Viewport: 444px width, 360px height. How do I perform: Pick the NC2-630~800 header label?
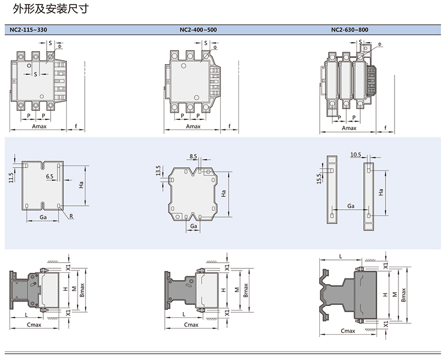tap(350, 29)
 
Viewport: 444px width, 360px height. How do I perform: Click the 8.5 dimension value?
tap(193, 156)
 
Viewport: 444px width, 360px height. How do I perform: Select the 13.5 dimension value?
tap(157, 170)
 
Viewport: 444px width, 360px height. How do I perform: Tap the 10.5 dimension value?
tap(355, 154)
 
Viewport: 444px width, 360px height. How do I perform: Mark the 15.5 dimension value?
tap(319, 178)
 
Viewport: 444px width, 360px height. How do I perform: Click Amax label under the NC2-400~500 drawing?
tap(193, 127)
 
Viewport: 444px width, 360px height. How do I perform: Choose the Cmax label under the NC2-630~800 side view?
tap(348, 331)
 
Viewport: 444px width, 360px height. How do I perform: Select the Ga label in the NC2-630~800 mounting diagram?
tap(350, 206)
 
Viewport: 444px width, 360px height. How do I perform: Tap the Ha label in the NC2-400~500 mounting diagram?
tap(224, 193)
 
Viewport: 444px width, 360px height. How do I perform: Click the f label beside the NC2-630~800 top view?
tap(386, 127)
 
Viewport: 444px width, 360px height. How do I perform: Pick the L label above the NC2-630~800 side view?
tap(341, 256)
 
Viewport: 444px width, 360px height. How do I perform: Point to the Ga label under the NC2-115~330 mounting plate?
tap(43, 217)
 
